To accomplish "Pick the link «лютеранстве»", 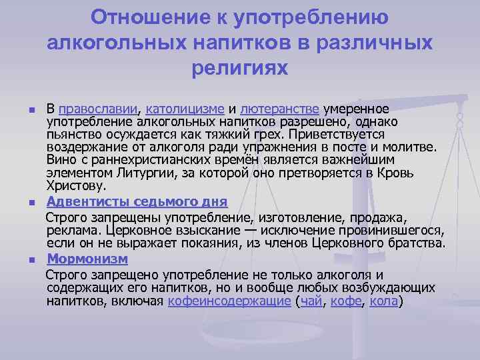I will pyautogui.click(x=280, y=109).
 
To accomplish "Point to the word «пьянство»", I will pyautogui.click(x=75, y=134).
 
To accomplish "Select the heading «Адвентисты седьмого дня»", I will pyautogui.click(x=137, y=201).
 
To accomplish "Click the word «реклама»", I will pyautogui.click(x=73, y=230).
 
